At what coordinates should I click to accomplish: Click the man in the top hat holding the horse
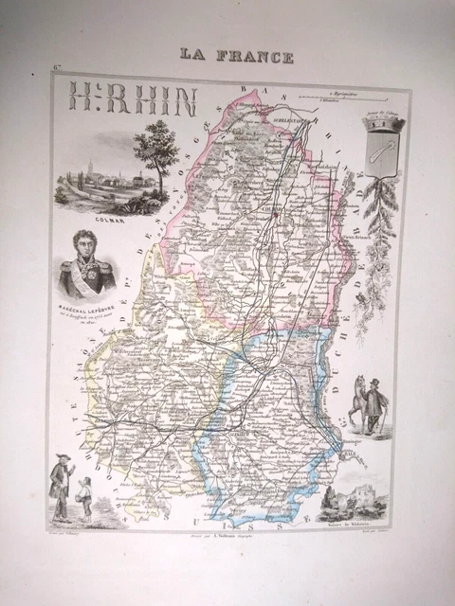(x=376, y=404)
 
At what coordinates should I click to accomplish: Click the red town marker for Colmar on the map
(x=275, y=214)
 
